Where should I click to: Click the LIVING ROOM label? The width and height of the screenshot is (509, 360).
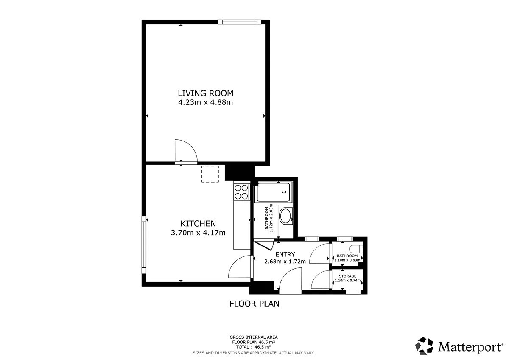coord(205,93)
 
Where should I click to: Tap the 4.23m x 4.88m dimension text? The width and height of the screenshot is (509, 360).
coord(205,102)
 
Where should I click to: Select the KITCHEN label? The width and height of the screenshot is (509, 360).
coord(198,224)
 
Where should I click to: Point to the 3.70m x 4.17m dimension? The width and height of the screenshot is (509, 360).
coord(198,233)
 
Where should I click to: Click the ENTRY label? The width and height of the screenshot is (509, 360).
coord(285,254)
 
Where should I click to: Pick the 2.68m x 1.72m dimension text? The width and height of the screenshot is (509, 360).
coord(285,262)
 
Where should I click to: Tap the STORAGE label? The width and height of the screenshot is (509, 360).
coord(347,276)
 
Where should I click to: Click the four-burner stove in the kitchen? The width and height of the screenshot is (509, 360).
coord(241,192)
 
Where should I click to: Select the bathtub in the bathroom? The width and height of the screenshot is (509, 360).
coord(273,192)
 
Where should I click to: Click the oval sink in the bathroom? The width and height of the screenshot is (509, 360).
coord(285,216)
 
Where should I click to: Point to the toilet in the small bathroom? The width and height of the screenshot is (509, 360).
coord(356,248)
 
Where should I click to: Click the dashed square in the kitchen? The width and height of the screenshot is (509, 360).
coord(210,174)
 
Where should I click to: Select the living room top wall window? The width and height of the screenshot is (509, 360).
coord(240,22)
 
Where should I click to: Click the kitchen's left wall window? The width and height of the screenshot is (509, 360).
coord(144,245)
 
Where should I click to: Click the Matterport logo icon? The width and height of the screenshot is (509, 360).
coord(424,346)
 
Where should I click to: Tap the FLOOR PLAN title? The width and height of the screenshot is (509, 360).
coord(254,304)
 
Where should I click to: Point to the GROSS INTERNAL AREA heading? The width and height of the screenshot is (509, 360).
coord(254,337)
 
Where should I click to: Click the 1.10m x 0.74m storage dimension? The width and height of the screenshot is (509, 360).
coord(348,281)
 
